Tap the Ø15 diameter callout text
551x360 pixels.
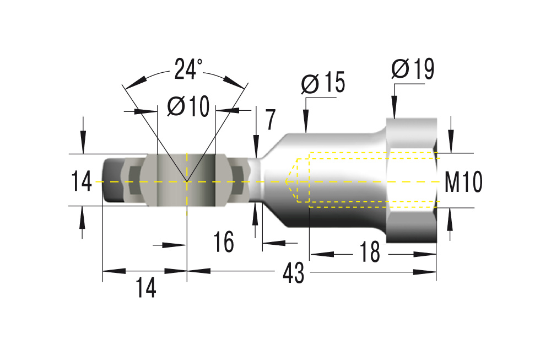323,83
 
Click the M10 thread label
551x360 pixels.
463,181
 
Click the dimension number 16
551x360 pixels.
224,242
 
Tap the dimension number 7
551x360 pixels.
269,120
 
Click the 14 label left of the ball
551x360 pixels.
82,181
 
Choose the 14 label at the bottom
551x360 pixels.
146,288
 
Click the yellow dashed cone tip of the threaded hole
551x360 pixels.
287,180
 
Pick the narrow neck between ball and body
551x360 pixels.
256,181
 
